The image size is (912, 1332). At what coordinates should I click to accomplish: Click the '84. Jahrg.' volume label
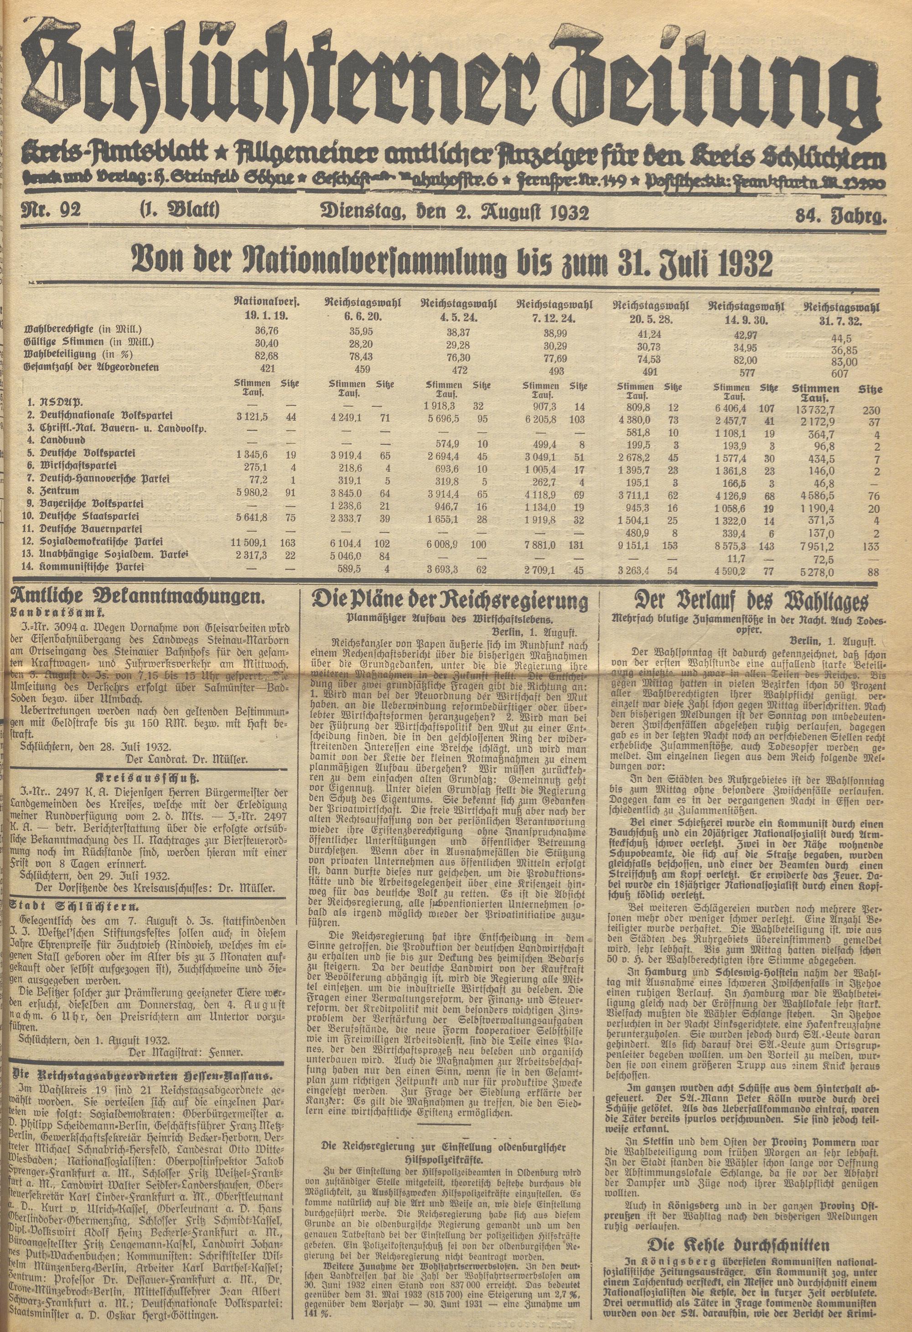click(840, 217)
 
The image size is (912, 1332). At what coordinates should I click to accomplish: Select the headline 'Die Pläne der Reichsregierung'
click(450, 602)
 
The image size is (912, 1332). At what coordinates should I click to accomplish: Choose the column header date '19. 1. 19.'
click(267, 315)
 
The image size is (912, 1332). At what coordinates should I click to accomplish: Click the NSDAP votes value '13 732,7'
click(815, 407)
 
